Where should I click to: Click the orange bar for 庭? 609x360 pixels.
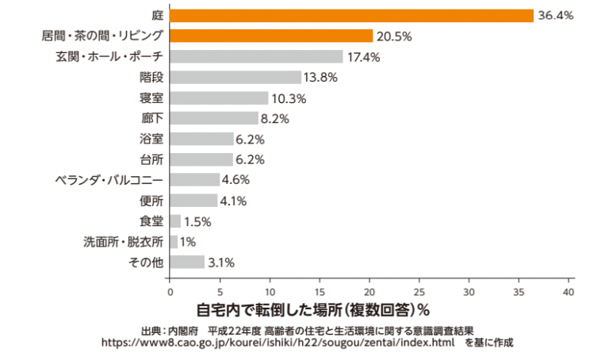(x=351, y=15)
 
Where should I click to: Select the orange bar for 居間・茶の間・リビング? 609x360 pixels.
(x=271, y=36)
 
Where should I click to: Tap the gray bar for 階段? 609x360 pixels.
(x=236, y=77)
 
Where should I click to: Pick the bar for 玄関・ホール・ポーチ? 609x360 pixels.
(x=256, y=56)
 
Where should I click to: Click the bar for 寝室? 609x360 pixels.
(x=219, y=98)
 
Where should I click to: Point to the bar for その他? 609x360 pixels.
(x=186, y=262)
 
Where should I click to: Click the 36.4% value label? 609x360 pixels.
(x=555, y=15)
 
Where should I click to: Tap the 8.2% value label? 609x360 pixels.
(x=274, y=118)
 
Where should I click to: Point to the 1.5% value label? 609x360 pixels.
(x=199, y=221)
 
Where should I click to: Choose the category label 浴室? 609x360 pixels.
(x=151, y=139)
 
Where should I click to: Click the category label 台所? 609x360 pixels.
(x=151, y=159)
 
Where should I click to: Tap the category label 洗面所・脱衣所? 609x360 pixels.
(x=124, y=241)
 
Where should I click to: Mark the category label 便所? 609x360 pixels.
(x=151, y=201)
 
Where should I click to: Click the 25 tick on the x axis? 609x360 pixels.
(x=419, y=291)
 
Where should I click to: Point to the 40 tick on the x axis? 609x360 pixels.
(x=569, y=291)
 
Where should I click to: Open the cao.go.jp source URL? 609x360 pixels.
(x=278, y=343)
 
